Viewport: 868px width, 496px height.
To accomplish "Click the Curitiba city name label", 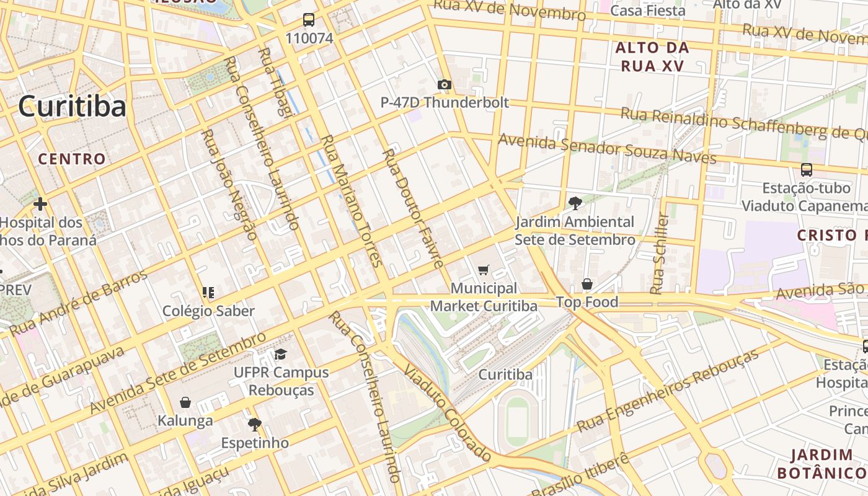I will coord(72,106).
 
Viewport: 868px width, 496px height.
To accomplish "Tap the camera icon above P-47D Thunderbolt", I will coord(444,84).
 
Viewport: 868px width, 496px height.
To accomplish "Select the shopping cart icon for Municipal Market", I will coord(484,270).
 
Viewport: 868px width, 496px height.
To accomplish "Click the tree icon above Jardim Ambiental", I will coord(575,203).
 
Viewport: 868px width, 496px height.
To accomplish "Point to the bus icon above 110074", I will coord(309,20).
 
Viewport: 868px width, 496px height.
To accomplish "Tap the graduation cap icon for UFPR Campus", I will coord(281,355).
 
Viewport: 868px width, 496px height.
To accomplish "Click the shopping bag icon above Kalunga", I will coord(185,402).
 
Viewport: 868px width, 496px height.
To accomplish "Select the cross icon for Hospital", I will coord(40,204).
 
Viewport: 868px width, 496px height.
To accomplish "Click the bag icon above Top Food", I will coord(587,284).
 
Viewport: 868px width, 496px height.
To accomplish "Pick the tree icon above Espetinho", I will coord(254,425).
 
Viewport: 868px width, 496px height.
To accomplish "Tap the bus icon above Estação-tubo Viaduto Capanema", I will coord(807,169).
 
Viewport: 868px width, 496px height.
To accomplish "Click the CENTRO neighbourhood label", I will coord(72,159).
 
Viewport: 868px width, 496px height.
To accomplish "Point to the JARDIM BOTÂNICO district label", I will coord(821,464).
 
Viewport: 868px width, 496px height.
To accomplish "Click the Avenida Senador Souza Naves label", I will coord(607,149).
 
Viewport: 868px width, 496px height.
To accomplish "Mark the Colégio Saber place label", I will coord(208,311).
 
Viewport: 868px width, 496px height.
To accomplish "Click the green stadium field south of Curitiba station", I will coord(518,421).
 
